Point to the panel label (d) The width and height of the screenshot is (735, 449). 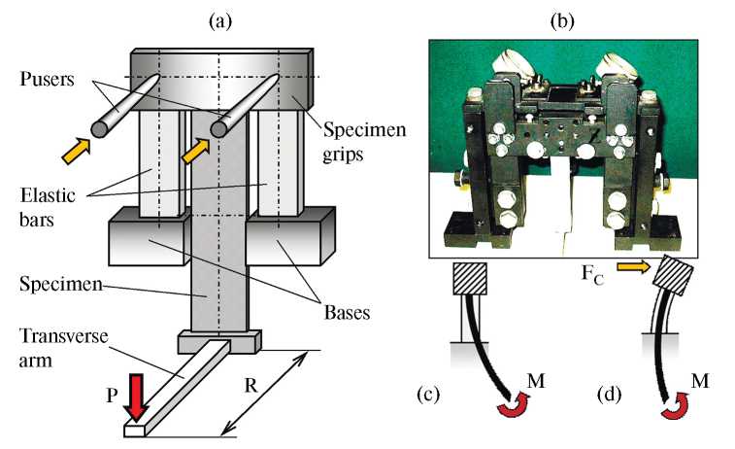tap(615, 396)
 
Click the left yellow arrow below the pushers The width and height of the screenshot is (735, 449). tap(75, 149)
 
